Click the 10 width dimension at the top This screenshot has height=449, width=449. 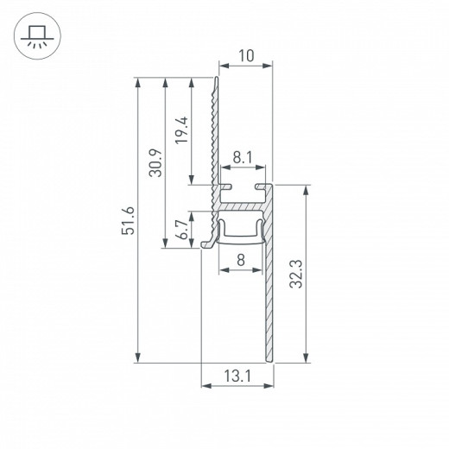[x=245, y=56]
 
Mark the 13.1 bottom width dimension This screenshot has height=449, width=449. [x=237, y=376]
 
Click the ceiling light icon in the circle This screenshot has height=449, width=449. [x=35, y=35]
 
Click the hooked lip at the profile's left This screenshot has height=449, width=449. [x=206, y=243]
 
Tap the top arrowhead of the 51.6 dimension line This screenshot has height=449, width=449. [x=138, y=80]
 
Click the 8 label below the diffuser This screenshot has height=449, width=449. [x=239, y=257]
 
